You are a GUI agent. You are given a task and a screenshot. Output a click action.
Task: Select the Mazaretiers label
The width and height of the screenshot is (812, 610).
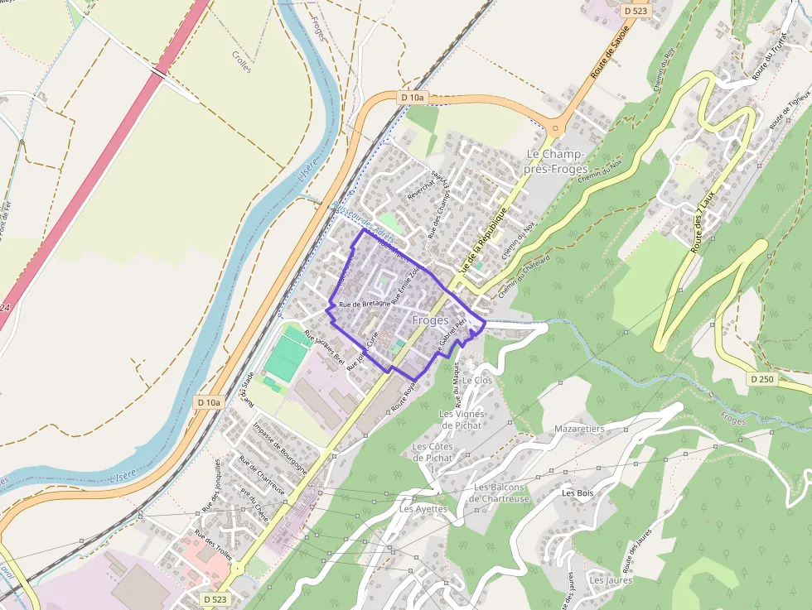(x=580, y=429)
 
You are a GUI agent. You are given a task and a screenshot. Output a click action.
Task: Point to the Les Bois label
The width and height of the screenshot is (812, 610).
(x=578, y=492)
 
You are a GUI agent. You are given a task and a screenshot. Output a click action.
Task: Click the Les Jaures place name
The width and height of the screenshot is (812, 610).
(x=611, y=580)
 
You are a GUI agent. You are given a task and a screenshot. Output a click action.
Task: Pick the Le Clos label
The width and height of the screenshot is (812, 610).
(x=477, y=380)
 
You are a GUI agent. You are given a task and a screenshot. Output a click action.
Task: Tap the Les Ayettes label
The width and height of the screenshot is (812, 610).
(x=423, y=509)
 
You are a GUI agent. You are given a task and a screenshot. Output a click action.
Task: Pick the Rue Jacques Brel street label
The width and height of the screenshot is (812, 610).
(x=324, y=348)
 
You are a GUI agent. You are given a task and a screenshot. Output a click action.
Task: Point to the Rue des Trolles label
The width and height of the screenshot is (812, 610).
(x=212, y=544)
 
